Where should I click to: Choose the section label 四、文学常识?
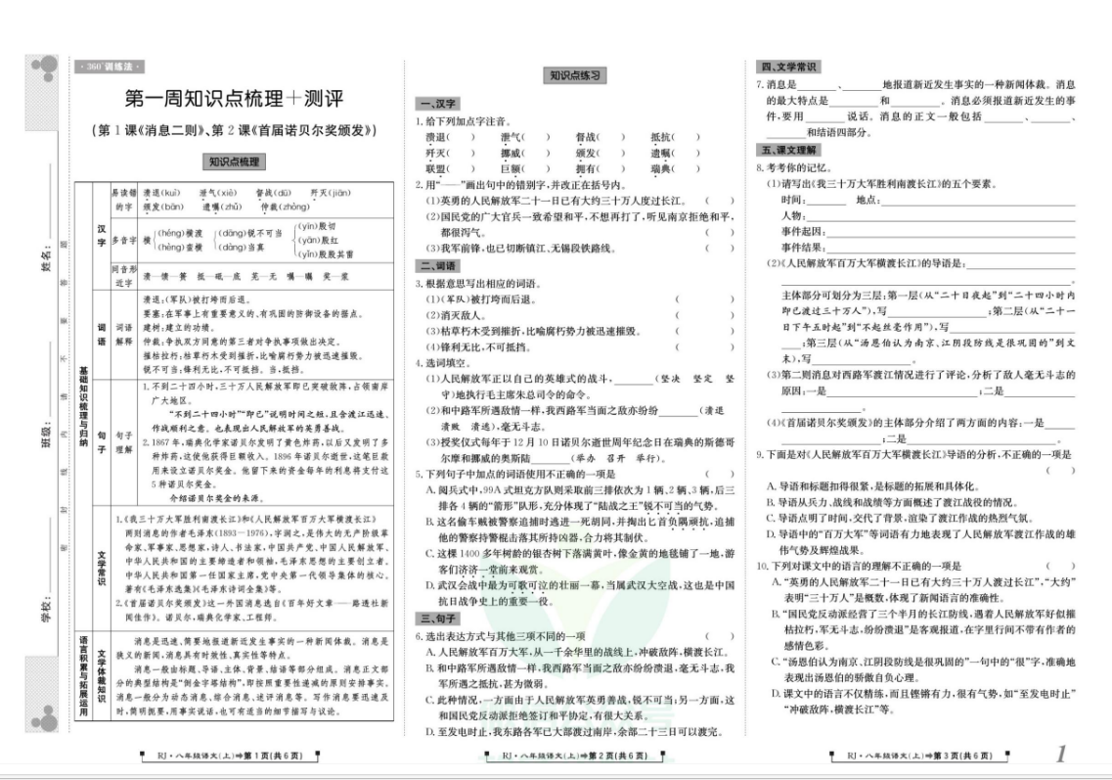click(x=788, y=67)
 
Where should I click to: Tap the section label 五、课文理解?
click(x=788, y=150)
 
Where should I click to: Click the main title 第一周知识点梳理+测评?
click(x=235, y=98)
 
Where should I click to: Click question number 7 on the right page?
click(x=759, y=85)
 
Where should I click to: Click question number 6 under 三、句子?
click(x=419, y=635)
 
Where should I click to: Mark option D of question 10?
click(x=776, y=694)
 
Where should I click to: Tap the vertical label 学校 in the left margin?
click(x=46, y=607)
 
